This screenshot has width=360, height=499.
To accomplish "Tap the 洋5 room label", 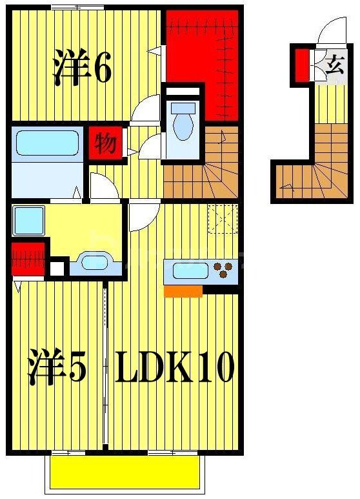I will click(x=57, y=368).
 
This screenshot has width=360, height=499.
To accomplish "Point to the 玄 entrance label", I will click(x=334, y=65).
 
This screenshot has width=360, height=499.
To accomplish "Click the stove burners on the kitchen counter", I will click(x=224, y=270).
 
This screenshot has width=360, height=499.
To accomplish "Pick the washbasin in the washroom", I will click(x=95, y=264).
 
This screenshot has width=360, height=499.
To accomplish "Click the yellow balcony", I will click(x=124, y=472).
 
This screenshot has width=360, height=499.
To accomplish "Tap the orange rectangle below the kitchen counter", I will click(x=183, y=291).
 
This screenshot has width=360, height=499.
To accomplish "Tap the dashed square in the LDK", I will click(x=223, y=218).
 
